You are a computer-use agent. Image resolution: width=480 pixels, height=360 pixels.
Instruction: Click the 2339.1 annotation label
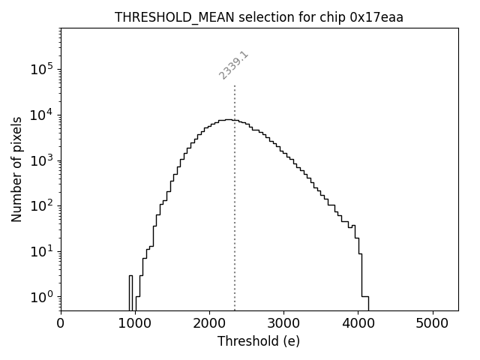234,65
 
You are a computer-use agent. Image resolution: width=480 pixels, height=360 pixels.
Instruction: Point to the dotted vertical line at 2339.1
235,195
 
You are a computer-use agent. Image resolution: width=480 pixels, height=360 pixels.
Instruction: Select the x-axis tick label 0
61,324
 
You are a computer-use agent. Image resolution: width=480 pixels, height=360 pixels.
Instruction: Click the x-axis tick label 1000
135,324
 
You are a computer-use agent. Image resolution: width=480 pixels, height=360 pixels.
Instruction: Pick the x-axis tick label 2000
209,324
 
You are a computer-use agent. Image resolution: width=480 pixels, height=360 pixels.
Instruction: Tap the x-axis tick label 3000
283,324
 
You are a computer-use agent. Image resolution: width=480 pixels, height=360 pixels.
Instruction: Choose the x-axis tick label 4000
358,324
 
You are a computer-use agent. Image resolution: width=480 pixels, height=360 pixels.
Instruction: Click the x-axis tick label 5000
432,324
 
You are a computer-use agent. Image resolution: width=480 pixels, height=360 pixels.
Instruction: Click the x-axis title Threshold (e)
259,341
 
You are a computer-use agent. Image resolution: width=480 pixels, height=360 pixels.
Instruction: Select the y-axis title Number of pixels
16,169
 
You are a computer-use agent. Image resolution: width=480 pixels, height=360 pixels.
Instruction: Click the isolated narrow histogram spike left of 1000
130,292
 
